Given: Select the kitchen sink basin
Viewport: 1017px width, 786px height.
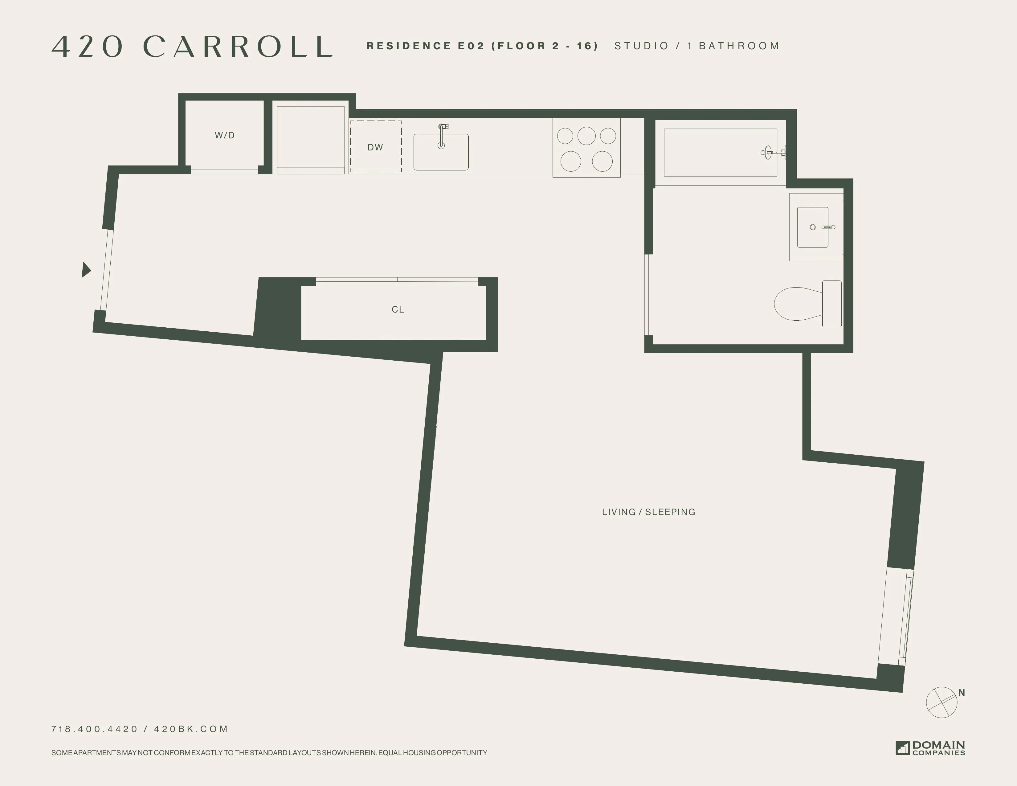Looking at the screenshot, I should [441, 156].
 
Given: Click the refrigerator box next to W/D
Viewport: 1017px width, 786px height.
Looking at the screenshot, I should [311, 139].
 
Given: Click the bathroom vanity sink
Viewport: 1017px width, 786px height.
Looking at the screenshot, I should [813, 227].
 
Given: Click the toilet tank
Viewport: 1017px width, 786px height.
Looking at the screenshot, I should [832, 304].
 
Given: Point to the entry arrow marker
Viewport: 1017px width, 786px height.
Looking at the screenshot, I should [86, 270].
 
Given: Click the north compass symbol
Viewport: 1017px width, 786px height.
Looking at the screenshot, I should [941, 702].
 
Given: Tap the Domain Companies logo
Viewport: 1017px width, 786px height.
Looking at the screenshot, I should [930, 748].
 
